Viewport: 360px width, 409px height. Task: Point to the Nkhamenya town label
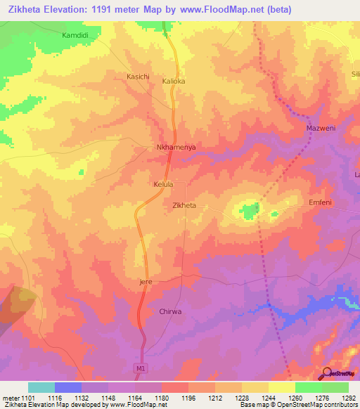pyautogui.click(x=175, y=148)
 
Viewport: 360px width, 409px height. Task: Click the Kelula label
pyautogui.click(x=163, y=184)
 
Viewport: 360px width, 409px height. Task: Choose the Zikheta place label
pyautogui.click(x=184, y=206)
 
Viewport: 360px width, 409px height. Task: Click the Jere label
pyautogui.click(x=146, y=282)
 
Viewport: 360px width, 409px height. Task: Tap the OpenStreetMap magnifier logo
pyautogui.click(x=327, y=372)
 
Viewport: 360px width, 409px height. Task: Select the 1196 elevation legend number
pyautogui.click(x=188, y=398)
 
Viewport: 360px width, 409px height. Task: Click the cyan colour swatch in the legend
pyautogui.click(x=41, y=387)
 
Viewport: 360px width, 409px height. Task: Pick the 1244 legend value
pyautogui.click(x=269, y=398)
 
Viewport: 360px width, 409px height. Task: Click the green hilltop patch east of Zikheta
pyautogui.click(x=247, y=209)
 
